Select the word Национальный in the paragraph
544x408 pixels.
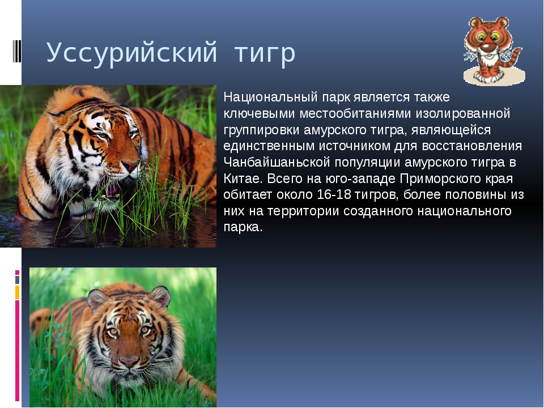click(x=271, y=97)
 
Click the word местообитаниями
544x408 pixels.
click(x=355, y=113)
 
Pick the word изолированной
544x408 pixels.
click(x=463, y=113)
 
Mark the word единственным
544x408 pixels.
click(x=269, y=146)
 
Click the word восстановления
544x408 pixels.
click(x=472, y=146)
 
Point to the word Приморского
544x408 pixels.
click(x=439, y=179)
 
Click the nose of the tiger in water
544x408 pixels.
click(x=130, y=166)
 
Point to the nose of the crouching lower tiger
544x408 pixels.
click(x=129, y=362)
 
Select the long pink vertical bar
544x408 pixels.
click(x=17, y=351)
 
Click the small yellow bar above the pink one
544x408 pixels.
click(x=17, y=292)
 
